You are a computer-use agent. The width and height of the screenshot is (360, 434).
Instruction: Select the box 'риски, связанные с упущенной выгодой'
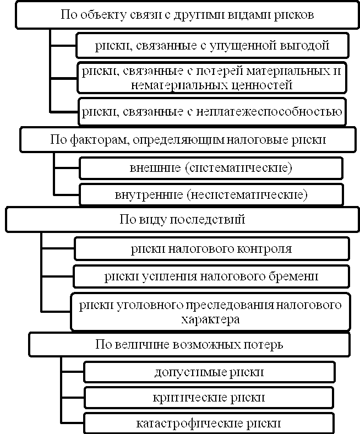click(212, 45)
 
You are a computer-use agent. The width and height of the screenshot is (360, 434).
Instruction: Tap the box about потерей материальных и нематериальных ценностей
click(212, 78)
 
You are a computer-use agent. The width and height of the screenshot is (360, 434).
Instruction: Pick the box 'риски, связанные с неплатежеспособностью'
click(212, 112)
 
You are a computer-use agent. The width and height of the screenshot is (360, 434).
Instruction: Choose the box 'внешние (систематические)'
click(211, 167)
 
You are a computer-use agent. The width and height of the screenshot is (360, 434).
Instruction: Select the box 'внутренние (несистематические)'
click(211, 194)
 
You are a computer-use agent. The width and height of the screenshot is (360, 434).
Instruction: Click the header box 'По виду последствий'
click(182, 219)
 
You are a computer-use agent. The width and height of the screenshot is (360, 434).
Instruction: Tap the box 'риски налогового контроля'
click(212, 248)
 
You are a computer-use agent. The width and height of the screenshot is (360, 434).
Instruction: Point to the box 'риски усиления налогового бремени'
click(212, 276)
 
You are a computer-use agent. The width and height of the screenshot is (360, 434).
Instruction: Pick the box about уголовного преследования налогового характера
click(211, 311)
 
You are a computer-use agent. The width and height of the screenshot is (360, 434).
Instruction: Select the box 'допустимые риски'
click(209, 372)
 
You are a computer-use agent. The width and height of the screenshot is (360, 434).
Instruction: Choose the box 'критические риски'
click(209, 397)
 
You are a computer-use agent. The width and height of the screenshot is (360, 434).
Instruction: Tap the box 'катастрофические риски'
click(209, 423)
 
